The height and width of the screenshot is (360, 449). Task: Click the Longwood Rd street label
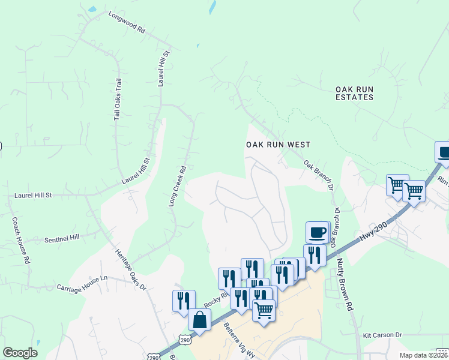pyautogui.click(x=127, y=22)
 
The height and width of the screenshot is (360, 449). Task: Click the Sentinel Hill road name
pyautogui.click(x=62, y=238)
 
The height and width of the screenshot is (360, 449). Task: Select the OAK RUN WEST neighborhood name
pyautogui.click(x=278, y=145)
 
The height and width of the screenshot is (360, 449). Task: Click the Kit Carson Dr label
pyautogui.click(x=381, y=335)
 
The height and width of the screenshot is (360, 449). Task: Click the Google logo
pyautogui.click(x=20, y=353)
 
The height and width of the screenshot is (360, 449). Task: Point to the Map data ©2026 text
pyautogui.click(x=423, y=355)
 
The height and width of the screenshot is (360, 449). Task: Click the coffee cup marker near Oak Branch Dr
pyautogui.click(x=317, y=232)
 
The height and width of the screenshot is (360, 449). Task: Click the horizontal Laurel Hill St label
pyautogui.click(x=34, y=195)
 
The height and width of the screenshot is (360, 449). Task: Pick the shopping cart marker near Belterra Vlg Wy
pyautogui.click(x=264, y=311)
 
